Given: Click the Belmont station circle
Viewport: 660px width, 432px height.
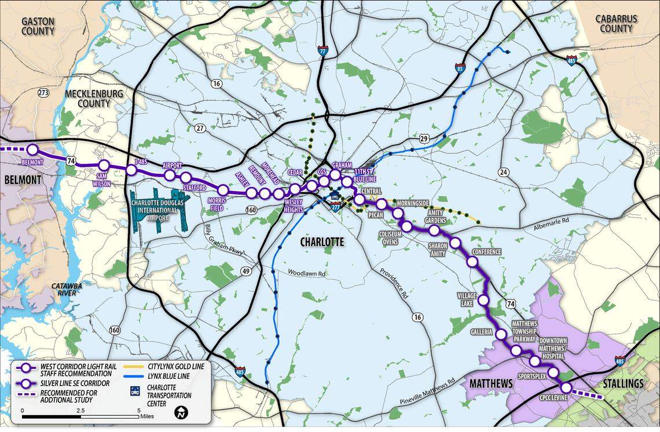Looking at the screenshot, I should click(32, 150).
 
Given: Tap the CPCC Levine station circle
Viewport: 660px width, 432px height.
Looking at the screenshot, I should click(566, 387).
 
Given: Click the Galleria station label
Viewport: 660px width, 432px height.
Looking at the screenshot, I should click(481, 332).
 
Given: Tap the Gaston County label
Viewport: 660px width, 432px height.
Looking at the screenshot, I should click(38, 26).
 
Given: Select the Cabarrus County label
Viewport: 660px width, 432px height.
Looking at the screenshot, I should click(616, 23).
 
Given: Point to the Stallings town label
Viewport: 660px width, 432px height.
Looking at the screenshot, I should click(622, 383).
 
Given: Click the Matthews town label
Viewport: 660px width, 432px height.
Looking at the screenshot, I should click(491, 383).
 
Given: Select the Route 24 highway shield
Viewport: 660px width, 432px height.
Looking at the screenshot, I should click(503, 172).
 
